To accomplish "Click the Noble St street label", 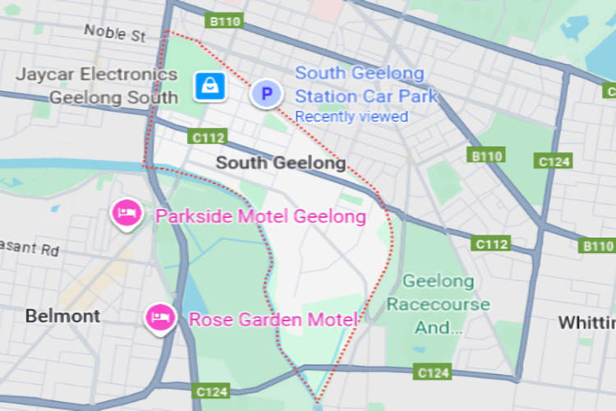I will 114,33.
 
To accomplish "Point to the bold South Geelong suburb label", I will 280,163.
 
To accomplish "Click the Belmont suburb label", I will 62,316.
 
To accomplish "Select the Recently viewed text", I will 352,117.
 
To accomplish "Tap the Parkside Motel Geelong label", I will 260,217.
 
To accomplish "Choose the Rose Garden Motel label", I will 274,320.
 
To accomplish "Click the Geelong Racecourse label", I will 438,304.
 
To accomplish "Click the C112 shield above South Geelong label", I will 205,136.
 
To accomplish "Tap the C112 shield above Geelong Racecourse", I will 491,244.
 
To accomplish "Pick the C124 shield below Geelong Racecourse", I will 433,373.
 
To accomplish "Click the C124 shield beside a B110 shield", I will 553,161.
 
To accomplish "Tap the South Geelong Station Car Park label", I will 365,85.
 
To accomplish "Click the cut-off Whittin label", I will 586,321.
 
